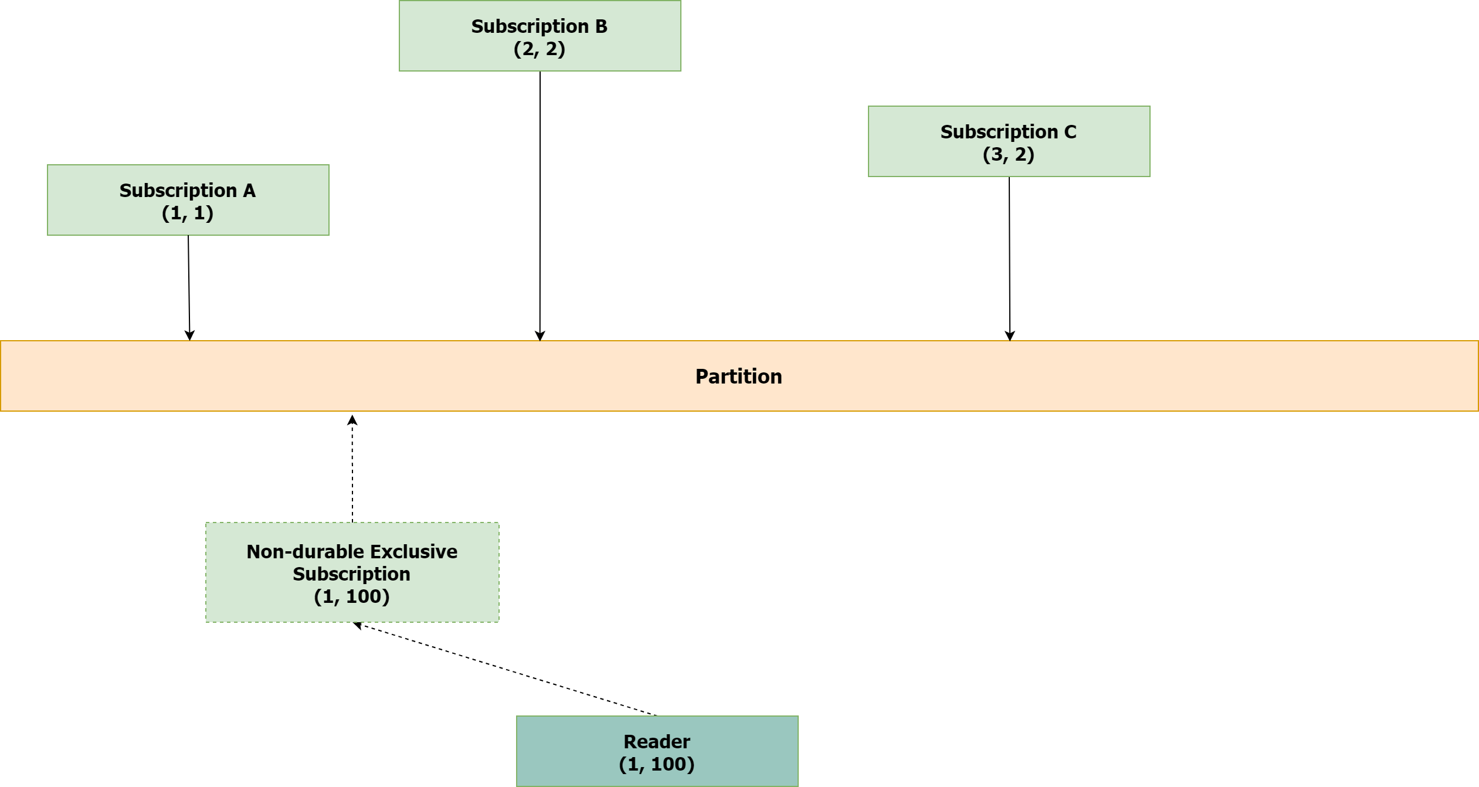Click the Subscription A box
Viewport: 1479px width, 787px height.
pyautogui.click(x=188, y=200)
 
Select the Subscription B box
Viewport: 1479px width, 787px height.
pyautogui.click(x=540, y=36)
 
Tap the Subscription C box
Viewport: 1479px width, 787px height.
pyautogui.click(x=1009, y=141)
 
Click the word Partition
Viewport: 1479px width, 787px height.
pyautogui.click(x=738, y=376)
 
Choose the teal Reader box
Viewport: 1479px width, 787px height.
pyautogui.click(x=657, y=751)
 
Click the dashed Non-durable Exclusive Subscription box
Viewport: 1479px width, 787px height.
pyautogui.click(x=352, y=573)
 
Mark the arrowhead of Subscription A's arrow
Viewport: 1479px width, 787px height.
pyautogui.click(x=189, y=335)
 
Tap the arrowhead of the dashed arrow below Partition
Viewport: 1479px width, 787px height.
pyautogui.click(x=352, y=419)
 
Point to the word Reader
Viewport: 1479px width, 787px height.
pyautogui.click(x=656, y=742)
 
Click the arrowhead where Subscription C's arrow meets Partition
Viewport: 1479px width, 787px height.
pyautogui.click(x=1009, y=335)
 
